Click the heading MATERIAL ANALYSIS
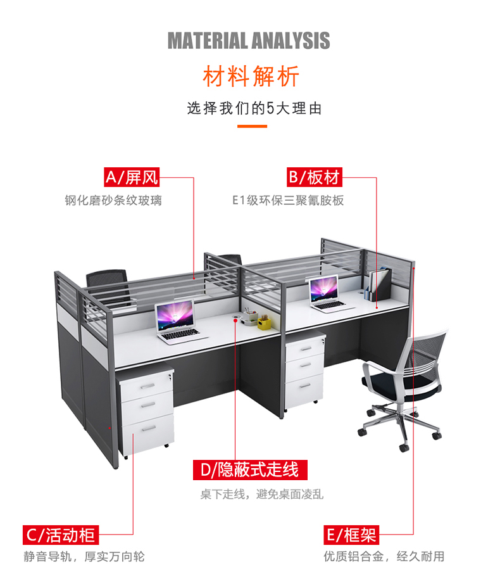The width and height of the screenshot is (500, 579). tap(249, 41)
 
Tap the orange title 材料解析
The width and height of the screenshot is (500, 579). tap(250, 77)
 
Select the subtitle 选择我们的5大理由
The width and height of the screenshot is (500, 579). tap(254, 108)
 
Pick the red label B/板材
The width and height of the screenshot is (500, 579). tap(315, 177)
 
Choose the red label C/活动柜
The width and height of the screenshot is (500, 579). tap(61, 535)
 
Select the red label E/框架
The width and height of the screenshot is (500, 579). tap(351, 535)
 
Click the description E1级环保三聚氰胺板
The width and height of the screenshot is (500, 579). tap(287, 201)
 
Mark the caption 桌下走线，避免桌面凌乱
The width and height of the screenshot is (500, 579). tap(262, 494)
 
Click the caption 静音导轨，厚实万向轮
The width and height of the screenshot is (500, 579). tap(84, 557)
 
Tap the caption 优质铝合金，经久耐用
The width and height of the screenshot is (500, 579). tap(384, 557)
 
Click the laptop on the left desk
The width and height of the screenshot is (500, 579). tap(177, 322)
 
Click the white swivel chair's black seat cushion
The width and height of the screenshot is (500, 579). tap(393, 382)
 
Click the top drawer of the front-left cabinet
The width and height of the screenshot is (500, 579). tap(147, 384)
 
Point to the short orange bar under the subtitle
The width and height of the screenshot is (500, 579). tap(252, 126)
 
